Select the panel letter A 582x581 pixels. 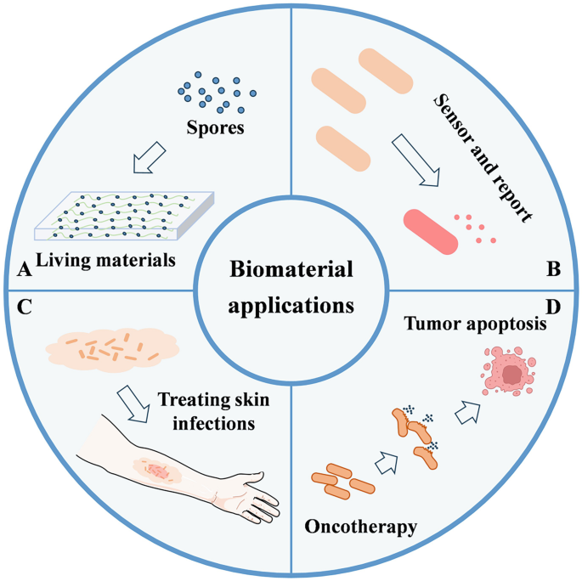coord(24,271)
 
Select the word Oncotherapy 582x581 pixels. coord(361,527)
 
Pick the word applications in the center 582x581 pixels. coord(291,303)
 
